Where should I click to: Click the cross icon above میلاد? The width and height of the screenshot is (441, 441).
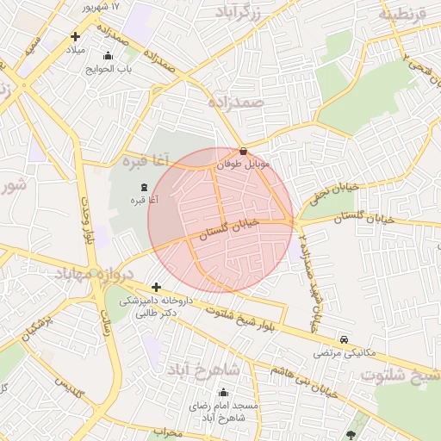[x=76, y=36]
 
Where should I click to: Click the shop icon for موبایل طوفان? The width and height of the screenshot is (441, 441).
[x=244, y=152]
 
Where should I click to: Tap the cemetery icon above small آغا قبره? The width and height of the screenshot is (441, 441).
[x=143, y=188]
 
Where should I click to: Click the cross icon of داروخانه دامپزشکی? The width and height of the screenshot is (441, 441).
[x=155, y=288]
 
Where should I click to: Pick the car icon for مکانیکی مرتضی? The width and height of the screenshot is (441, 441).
[x=345, y=341]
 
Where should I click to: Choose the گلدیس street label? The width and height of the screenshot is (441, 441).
[x=68, y=388]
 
